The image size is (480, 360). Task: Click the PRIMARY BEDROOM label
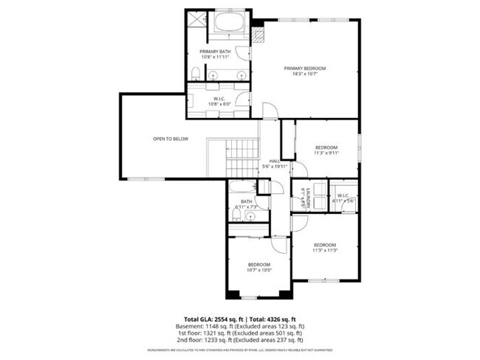tap(305, 68)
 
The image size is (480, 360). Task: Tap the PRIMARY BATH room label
tap(215, 51)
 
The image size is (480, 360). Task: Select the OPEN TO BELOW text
tap(170, 138)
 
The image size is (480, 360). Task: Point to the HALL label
tap(273, 161)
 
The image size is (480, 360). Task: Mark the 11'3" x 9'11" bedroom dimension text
tap(326, 153)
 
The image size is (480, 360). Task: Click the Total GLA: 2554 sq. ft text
tap(207, 318)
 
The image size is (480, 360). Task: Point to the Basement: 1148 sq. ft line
tap(240, 325)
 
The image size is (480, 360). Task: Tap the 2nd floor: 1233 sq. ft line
tap(240, 340)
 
